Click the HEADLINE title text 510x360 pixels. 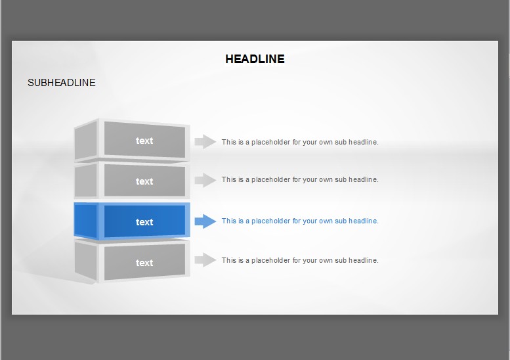pyautogui.click(x=255, y=59)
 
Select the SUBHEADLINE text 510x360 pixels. pyautogui.click(x=62, y=83)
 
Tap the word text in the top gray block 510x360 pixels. pyautogui.click(x=144, y=141)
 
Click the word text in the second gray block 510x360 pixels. pyautogui.click(x=144, y=181)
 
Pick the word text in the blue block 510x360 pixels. pyautogui.click(x=144, y=222)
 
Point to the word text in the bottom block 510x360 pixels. pyautogui.click(x=144, y=263)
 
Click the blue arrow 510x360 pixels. pyautogui.click(x=205, y=221)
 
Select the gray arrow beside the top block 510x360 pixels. pyautogui.click(x=205, y=142)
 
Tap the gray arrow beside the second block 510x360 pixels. pyautogui.click(x=205, y=180)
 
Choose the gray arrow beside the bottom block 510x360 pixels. pyautogui.click(x=205, y=259)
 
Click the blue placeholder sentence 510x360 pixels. pyautogui.click(x=300, y=221)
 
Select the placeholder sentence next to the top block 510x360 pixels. pyautogui.click(x=300, y=143)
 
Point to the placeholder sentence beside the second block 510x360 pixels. pyautogui.click(x=300, y=180)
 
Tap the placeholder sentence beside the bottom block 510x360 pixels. pyautogui.click(x=300, y=260)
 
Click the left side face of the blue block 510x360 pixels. pyautogui.click(x=86, y=221)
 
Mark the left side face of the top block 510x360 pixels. pyautogui.click(x=86, y=141)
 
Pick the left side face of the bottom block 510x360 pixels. pyautogui.click(x=86, y=260)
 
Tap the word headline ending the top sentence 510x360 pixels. pyautogui.click(x=364, y=142)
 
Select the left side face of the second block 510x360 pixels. pyautogui.click(x=86, y=180)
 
